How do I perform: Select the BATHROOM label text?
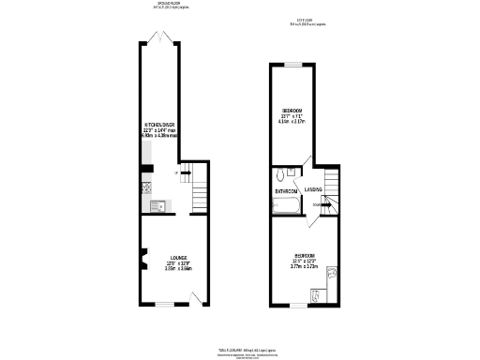click(x=286, y=191)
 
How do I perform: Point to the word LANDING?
click(x=313, y=188)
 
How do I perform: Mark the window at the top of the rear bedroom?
click(x=292, y=63)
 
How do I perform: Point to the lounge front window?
click(x=165, y=305)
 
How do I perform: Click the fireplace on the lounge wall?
click(x=142, y=256)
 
